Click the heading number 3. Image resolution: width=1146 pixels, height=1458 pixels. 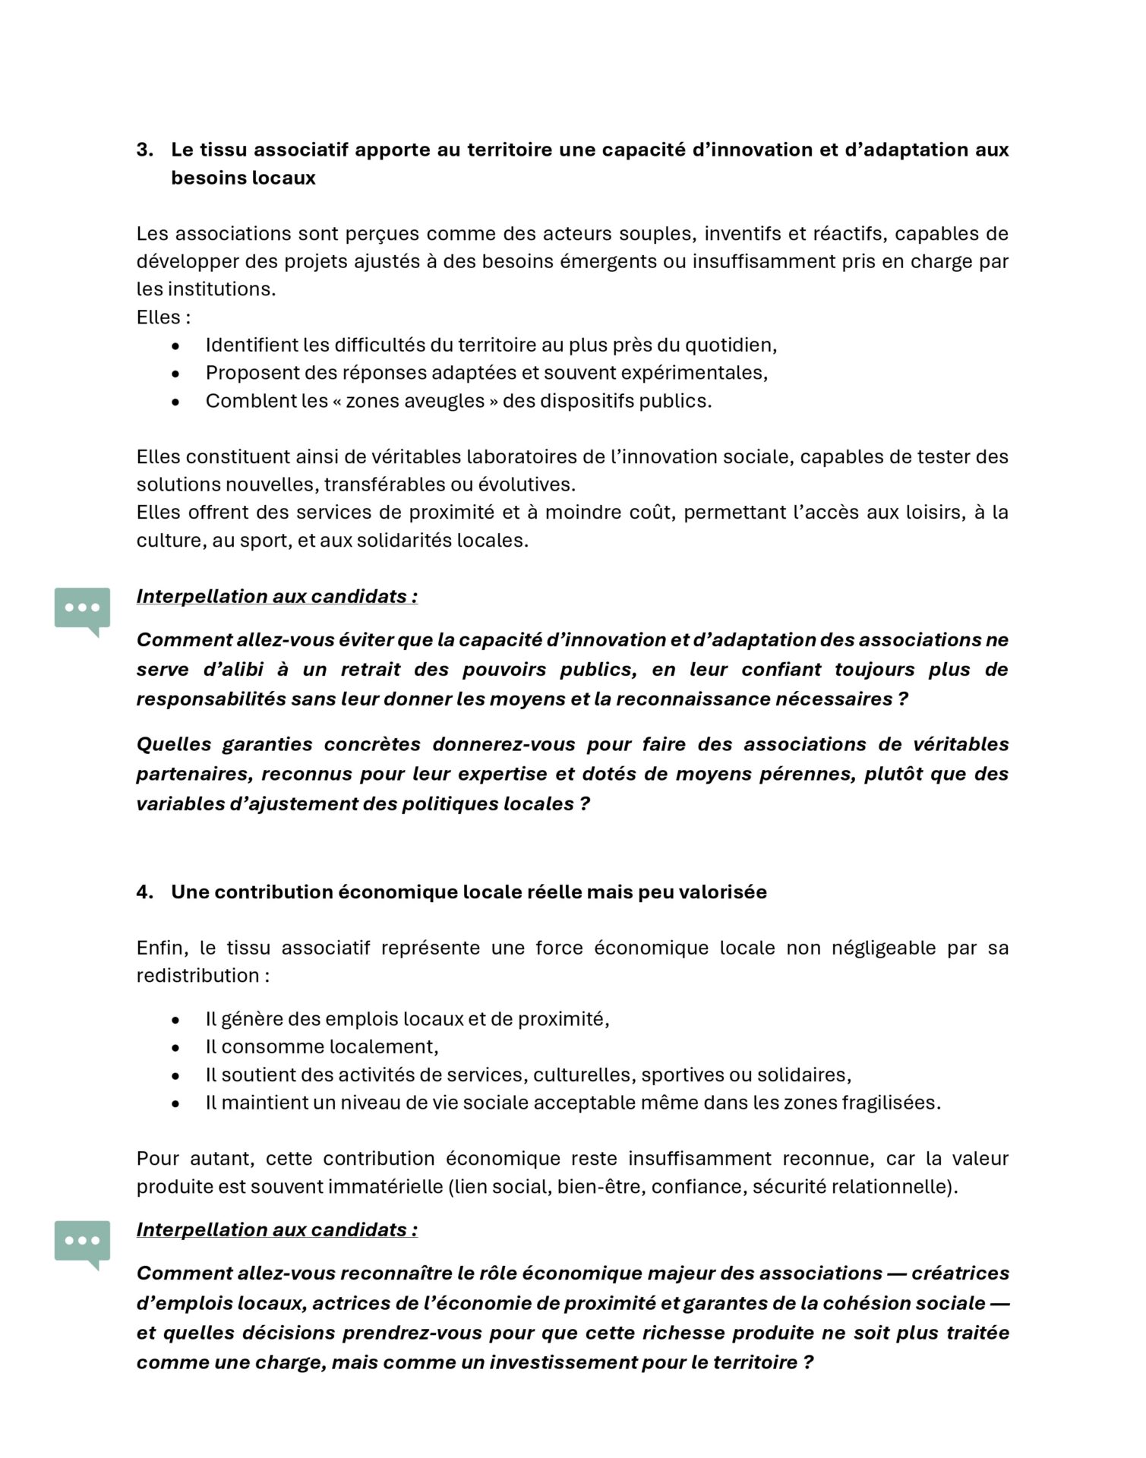[144, 150]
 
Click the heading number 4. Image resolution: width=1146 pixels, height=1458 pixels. [144, 892]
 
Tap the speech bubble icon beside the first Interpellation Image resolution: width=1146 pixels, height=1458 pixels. [82, 609]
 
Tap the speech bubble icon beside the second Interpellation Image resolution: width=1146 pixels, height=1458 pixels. [82, 1242]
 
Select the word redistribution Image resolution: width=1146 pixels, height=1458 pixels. [197, 975]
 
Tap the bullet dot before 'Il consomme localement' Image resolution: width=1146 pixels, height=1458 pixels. [176, 1047]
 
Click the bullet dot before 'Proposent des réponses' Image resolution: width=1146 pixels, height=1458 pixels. [176, 373]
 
